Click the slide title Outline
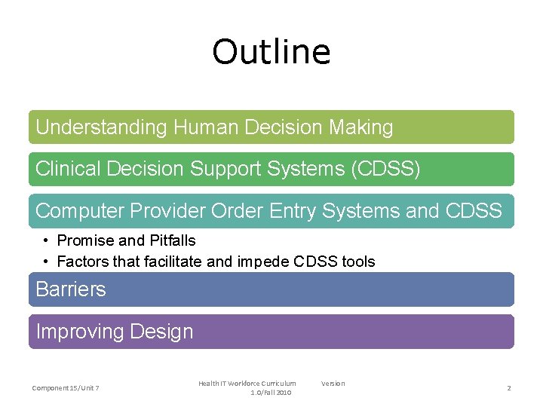click(271, 52)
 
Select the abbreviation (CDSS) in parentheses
click(385, 170)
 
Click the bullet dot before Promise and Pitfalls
click(47, 241)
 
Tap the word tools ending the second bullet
click(359, 262)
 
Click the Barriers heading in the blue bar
click(71, 289)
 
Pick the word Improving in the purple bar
click(80, 332)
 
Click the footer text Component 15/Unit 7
click(66, 388)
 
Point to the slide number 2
click(508, 388)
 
